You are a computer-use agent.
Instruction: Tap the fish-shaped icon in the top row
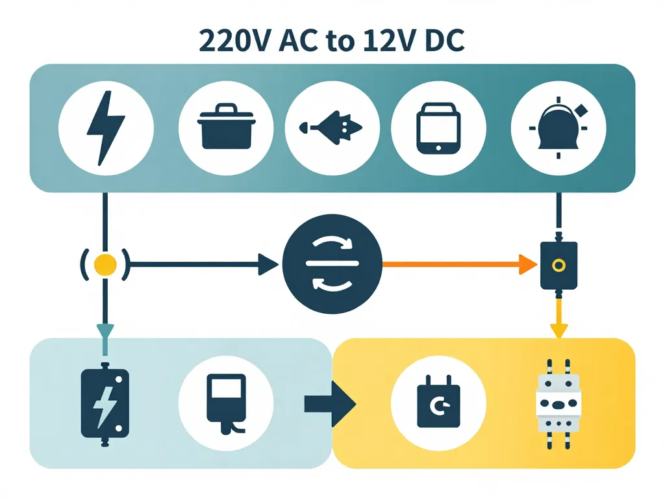[331, 126]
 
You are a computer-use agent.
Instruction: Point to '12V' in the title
[370, 41]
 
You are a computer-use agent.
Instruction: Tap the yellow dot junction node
[105, 264]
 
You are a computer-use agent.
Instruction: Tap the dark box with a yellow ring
[558, 265]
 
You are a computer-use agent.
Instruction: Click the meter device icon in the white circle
[225, 403]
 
